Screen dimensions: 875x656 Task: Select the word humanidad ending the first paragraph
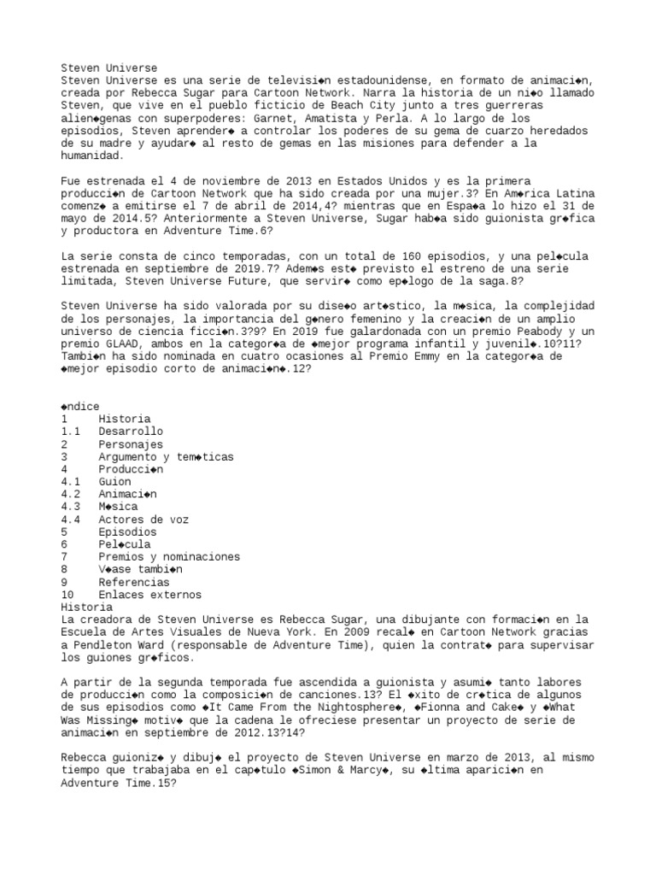point(92,156)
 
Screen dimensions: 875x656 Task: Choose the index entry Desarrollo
point(130,432)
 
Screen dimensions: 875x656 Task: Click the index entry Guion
point(114,482)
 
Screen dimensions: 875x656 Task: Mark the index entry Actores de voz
point(143,520)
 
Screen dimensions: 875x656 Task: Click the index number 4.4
point(71,520)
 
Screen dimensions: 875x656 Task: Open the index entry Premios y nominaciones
point(168,556)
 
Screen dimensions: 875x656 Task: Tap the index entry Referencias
point(133,581)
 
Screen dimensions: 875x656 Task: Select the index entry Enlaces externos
point(149,594)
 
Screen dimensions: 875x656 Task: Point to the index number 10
point(67,594)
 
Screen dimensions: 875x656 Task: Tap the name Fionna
point(446,707)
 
